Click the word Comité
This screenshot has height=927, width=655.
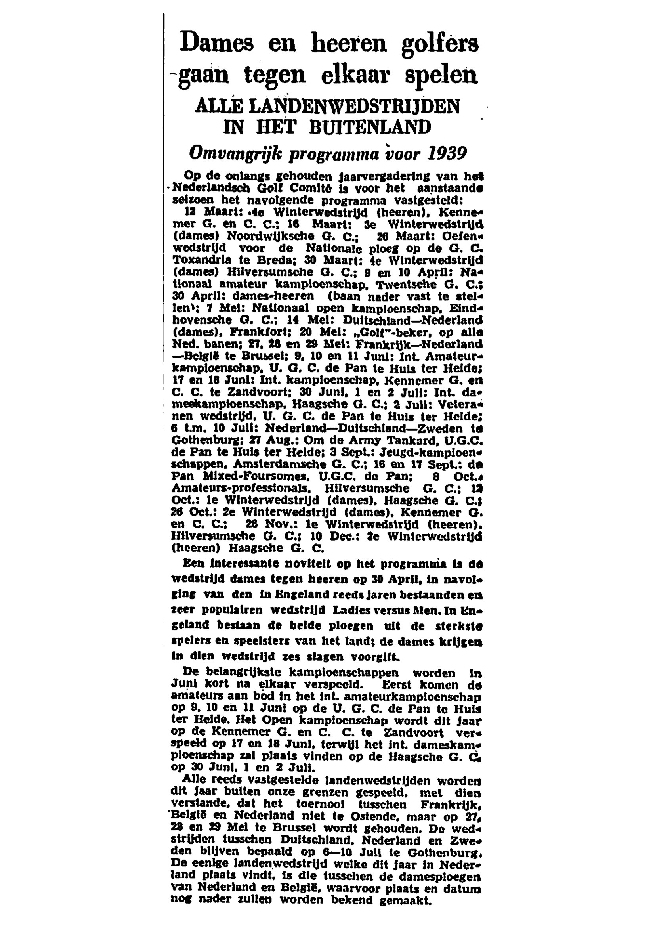tap(302, 189)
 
